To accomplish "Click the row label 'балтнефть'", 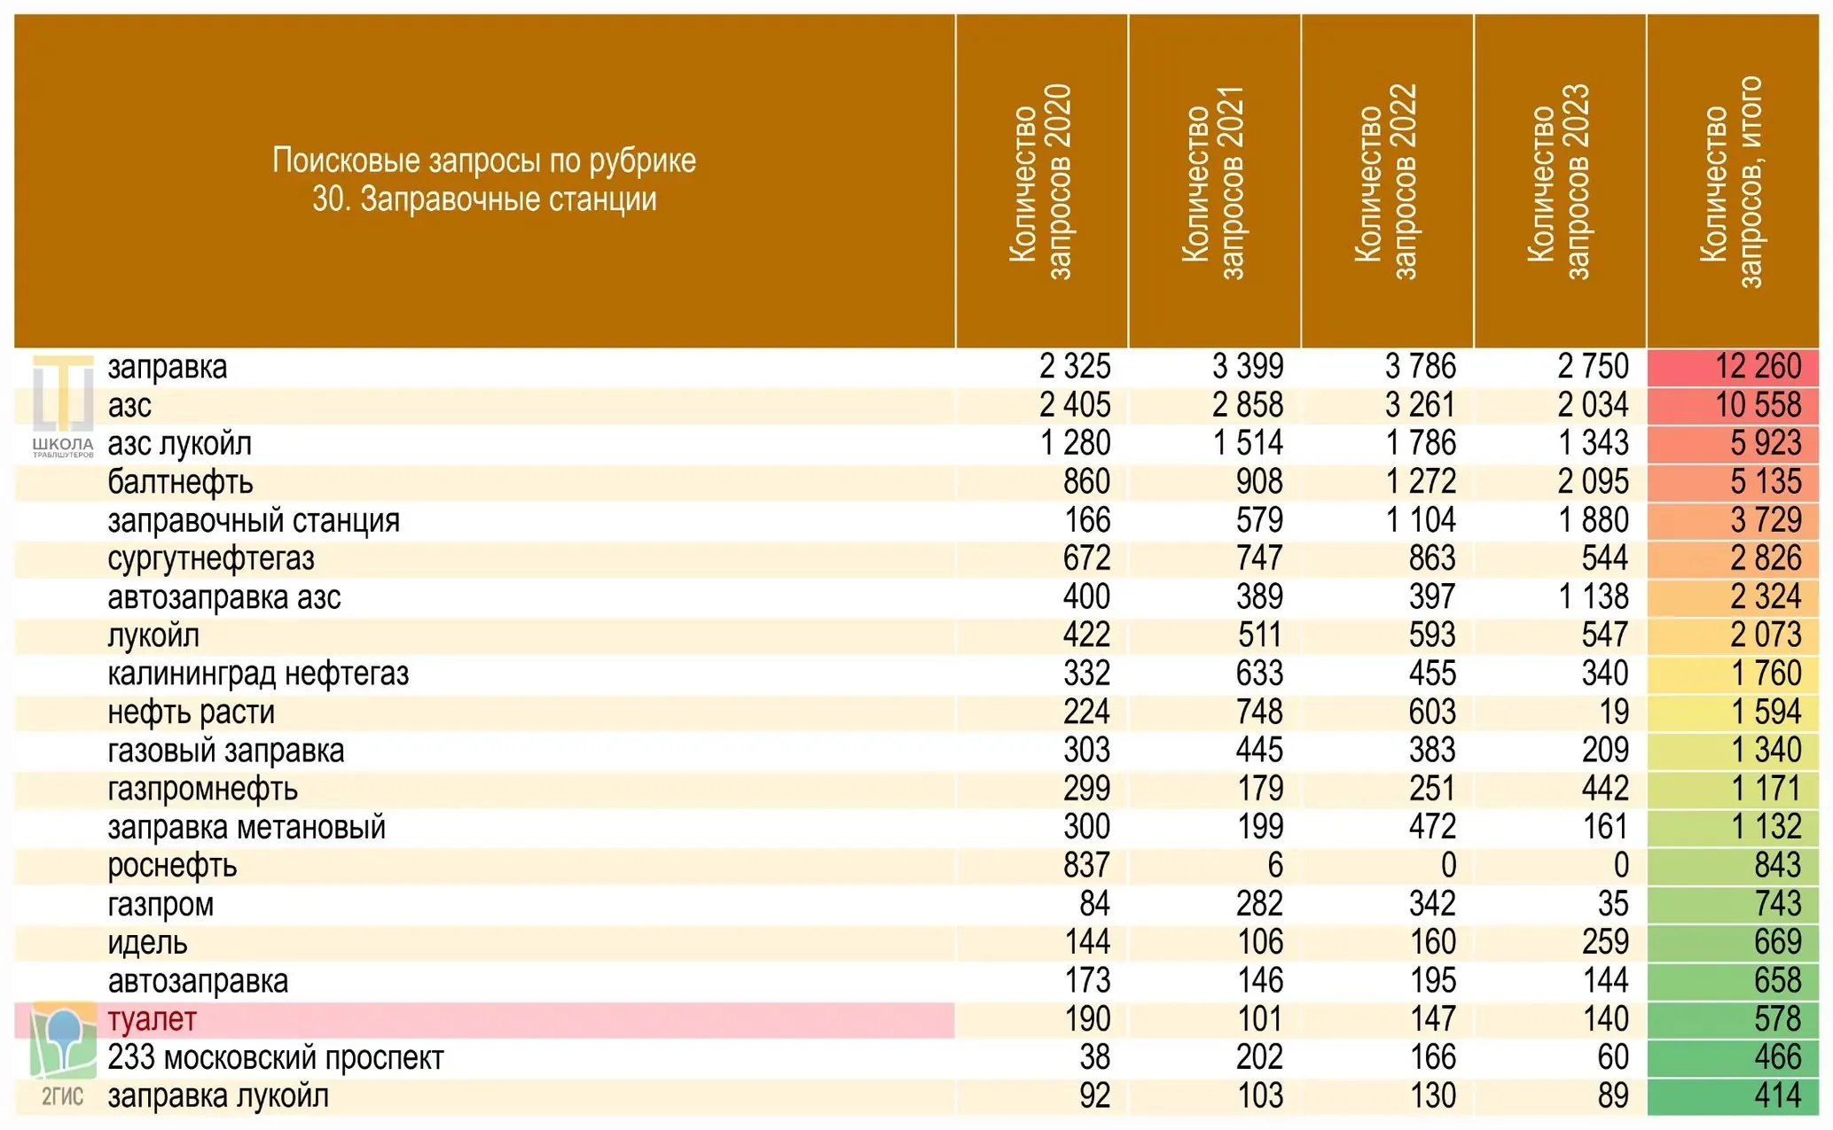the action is pyautogui.click(x=180, y=482).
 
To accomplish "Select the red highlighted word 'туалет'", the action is pyautogui.click(x=152, y=1019).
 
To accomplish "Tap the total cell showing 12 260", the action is pyautogui.click(x=1758, y=367).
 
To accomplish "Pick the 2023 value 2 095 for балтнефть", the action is pyautogui.click(x=1594, y=482).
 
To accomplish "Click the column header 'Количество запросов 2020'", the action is pyautogui.click(x=1040, y=182).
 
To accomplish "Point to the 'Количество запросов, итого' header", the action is pyautogui.click(x=1732, y=182).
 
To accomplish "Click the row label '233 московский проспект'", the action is pyautogui.click(x=275, y=1058).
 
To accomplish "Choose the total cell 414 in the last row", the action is pyautogui.click(x=1777, y=1096).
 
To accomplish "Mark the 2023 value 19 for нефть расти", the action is pyautogui.click(x=1614, y=713).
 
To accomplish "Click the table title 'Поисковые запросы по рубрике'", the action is pyautogui.click(x=484, y=160).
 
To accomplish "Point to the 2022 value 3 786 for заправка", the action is pyautogui.click(x=1421, y=367).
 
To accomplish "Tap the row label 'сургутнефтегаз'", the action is pyautogui.click(x=211, y=559).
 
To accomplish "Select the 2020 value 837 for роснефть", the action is pyautogui.click(x=1086, y=866).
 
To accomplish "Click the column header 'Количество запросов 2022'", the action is pyautogui.click(x=1386, y=182).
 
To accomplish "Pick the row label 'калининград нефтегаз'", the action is pyautogui.click(x=258, y=674).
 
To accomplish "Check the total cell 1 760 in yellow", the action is pyautogui.click(x=1766, y=674).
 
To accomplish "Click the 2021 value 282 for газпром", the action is pyautogui.click(x=1259, y=904).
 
